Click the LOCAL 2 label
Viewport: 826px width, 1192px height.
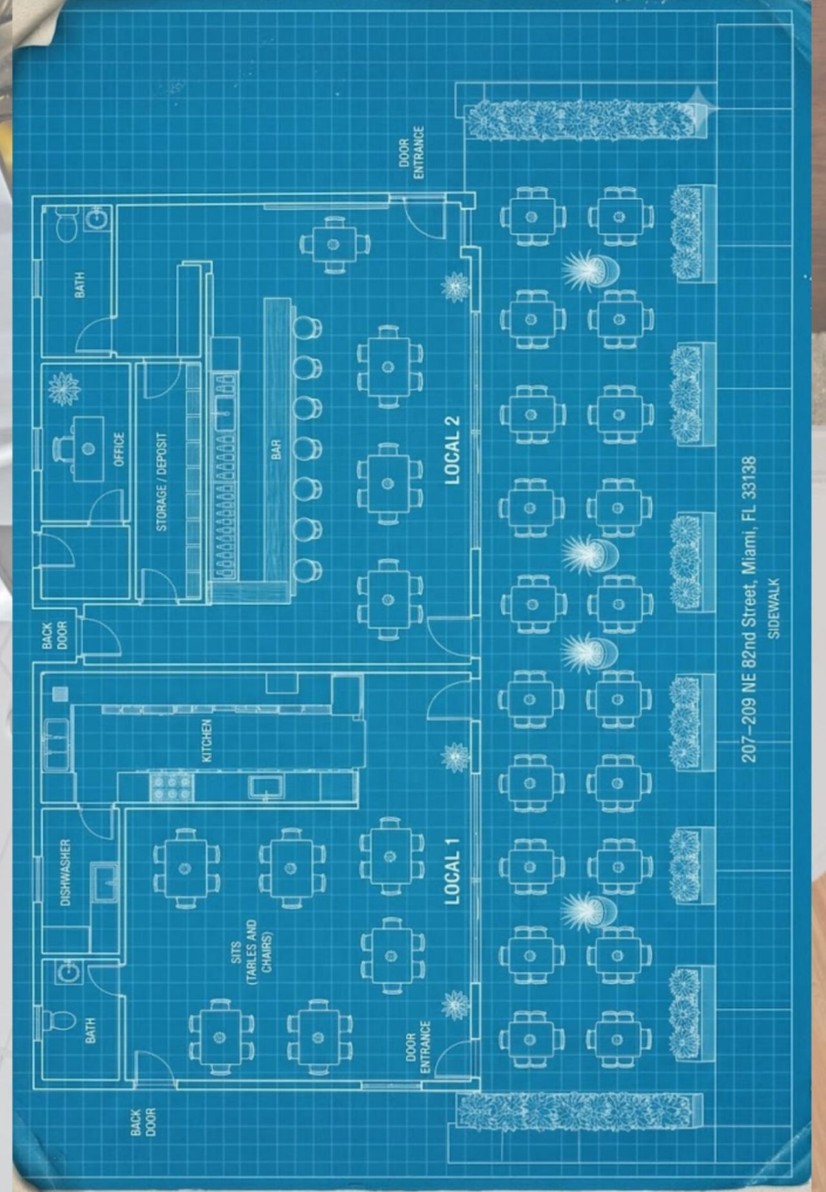[452, 449]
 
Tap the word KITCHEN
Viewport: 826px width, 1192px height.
[206, 740]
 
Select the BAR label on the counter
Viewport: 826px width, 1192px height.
[276, 450]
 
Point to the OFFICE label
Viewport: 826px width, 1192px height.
[119, 449]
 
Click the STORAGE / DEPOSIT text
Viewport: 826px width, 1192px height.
[161, 481]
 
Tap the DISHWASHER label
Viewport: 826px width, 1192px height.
[65, 873]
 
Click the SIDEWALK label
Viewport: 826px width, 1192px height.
[774, 608]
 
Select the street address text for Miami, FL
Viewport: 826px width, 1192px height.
[749, 609]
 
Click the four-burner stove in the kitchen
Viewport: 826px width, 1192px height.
[172, 787]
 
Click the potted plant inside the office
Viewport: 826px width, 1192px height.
[63, 389]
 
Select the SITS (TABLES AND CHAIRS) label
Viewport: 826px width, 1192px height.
[251, 952]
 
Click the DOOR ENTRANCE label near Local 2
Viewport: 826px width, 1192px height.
[411, 152]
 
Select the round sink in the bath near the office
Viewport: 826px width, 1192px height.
[96, 219]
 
